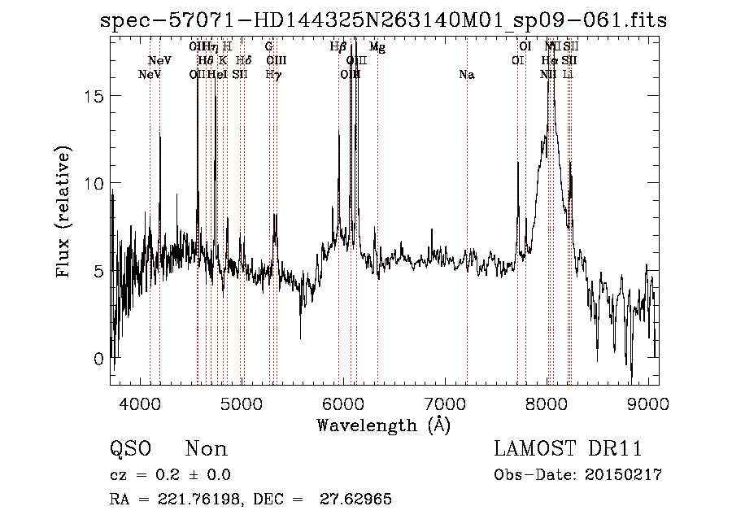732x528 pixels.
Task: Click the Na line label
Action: pos(466,75)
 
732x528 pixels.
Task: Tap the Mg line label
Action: pos(377,47)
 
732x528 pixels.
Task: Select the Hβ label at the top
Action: pos(338,47)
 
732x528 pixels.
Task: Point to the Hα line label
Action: pos(550,61)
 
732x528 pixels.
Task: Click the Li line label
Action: pos(569,75)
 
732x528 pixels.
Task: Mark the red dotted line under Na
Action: pos(467,244)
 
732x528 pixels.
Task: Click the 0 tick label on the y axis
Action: pos(98,359)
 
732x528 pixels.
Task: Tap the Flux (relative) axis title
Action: pos(63,212)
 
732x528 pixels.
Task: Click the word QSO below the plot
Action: pos(130,449)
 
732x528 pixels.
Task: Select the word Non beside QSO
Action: pos(207,449)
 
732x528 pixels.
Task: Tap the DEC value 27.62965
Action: pos(355,500)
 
